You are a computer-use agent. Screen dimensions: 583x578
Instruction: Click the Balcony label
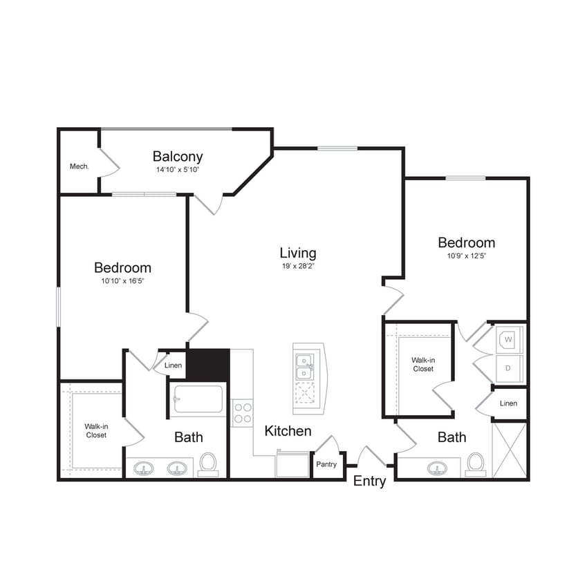click(178, 156)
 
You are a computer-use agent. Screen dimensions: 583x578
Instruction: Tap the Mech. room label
click(79, 166)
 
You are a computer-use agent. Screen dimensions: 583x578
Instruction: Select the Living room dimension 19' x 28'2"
click(298, 265)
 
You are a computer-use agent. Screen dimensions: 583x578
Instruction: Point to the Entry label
click(369, 481)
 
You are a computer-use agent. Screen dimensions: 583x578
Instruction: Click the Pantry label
click(326, 464)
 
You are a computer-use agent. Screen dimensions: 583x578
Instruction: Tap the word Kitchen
click(288, 431)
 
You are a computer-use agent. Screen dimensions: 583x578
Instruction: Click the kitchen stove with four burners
click(243, 412)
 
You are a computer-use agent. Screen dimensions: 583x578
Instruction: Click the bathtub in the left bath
click(198, 400)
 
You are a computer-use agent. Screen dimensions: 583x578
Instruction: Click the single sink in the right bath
click(437, 468)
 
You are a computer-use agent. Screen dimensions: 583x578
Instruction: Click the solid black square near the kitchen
click(208, 364)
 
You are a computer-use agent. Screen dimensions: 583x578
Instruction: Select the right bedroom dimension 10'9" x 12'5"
click(467, 255)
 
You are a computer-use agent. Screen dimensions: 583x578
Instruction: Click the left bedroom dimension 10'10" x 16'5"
click(122, 280)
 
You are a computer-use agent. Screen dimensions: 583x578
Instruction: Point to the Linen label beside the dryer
click(508, 403)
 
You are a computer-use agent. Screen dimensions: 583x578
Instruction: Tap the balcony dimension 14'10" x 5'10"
click(178, 170)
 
